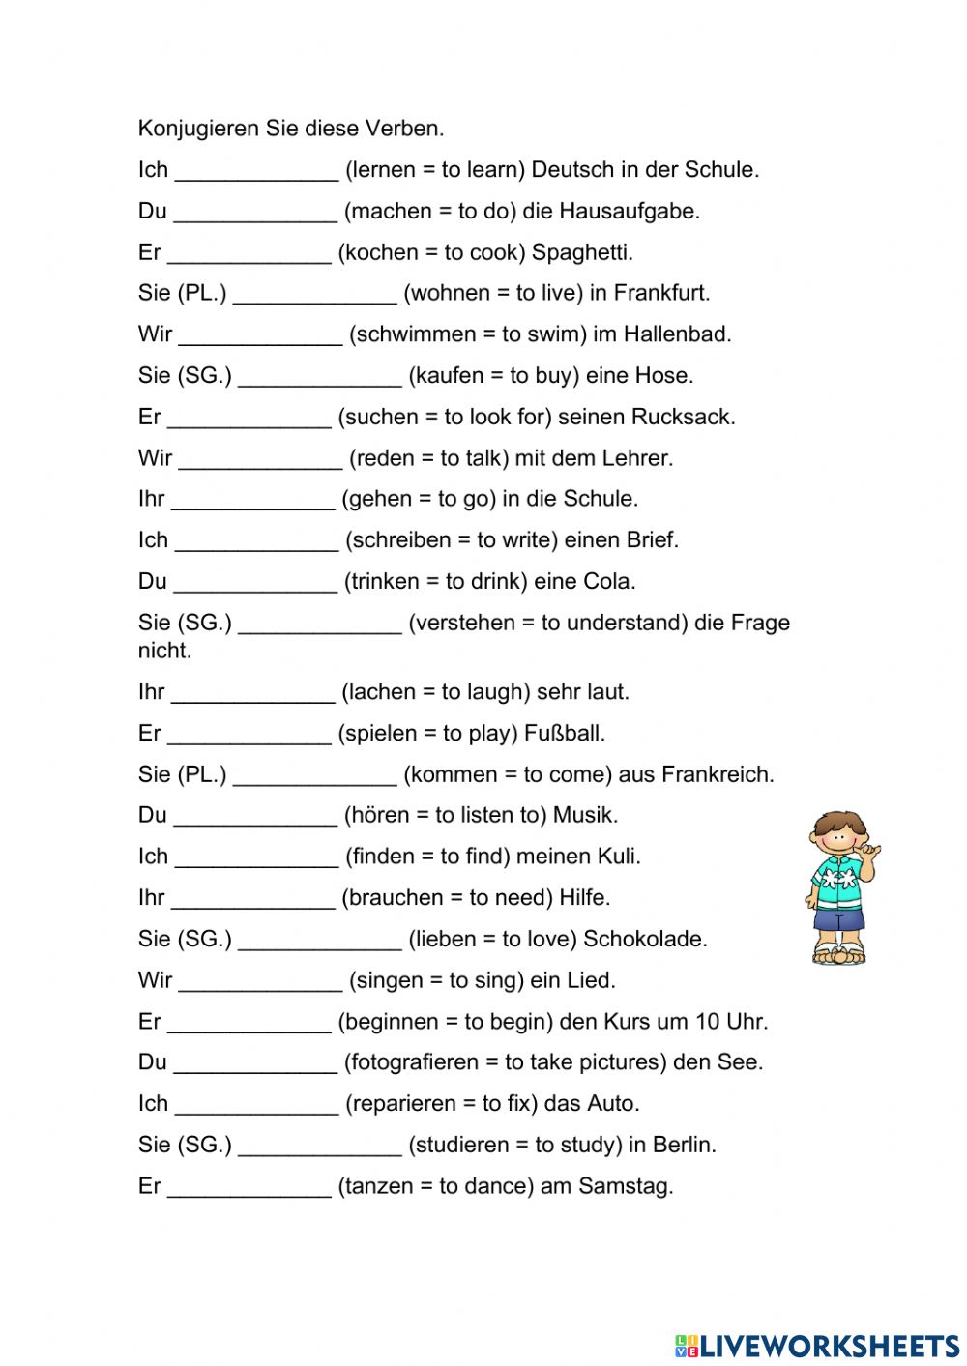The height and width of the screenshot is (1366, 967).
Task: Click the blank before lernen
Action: click(256, 174)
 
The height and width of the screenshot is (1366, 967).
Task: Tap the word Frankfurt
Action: click(661, 293)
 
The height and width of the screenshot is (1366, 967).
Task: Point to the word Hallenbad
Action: click(677, 334)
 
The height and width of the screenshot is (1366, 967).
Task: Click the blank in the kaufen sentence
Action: click(320, 380)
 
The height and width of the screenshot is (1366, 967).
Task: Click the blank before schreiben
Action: click(256, 544)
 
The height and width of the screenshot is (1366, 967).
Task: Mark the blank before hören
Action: click(255, 820)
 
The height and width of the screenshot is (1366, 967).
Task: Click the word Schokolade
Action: click(645, 940)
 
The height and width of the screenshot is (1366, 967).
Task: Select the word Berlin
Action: click(684, 1146)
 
